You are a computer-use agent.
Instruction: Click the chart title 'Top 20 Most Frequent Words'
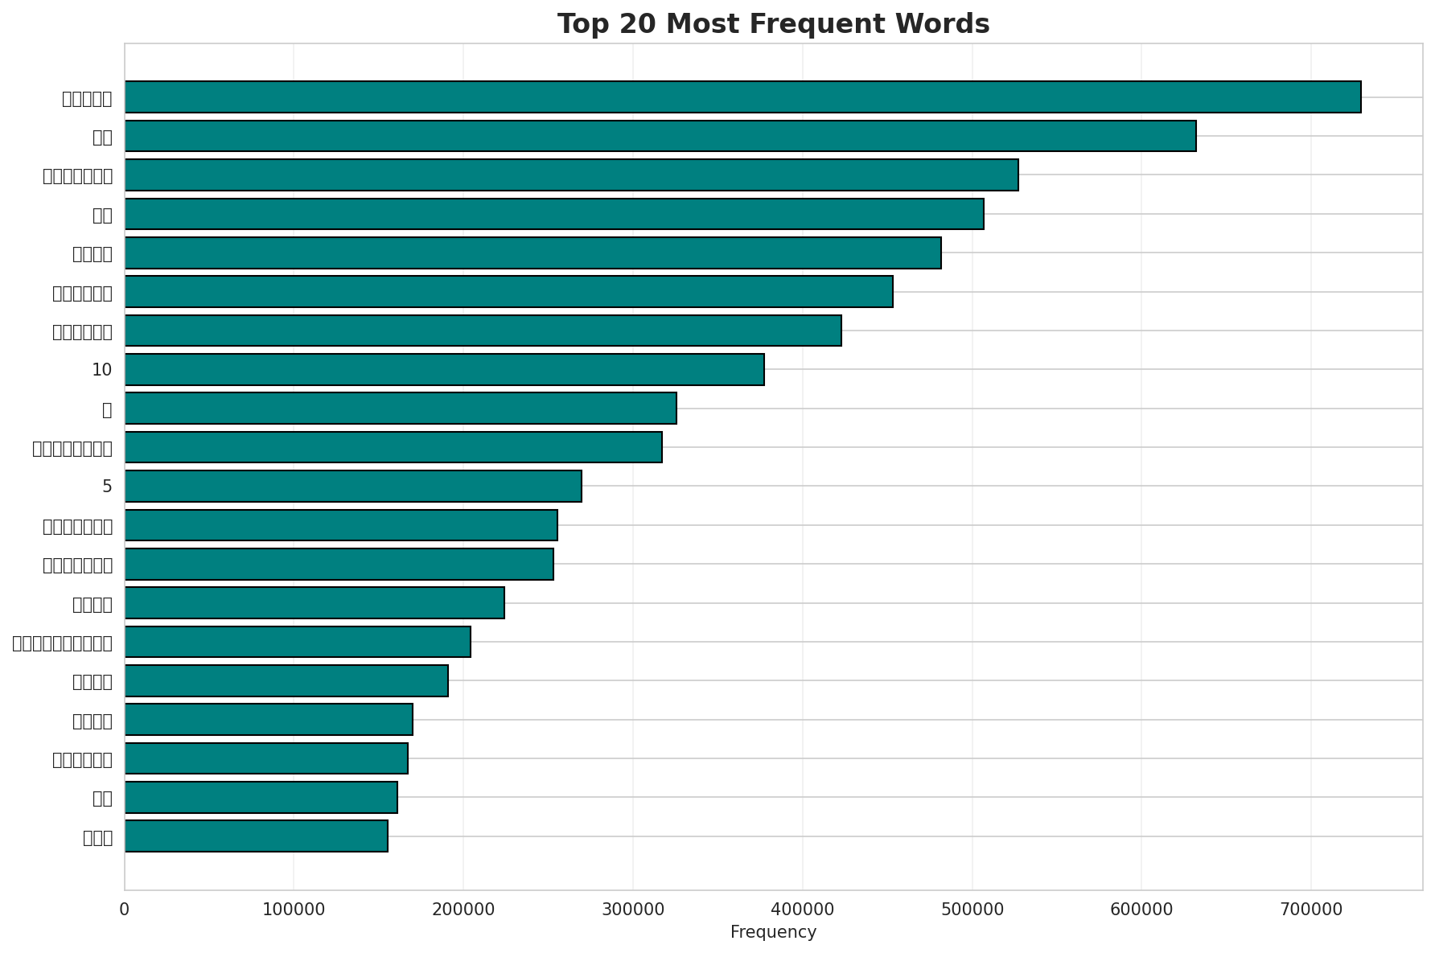[773, 24]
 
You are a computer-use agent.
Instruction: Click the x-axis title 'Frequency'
[773, 932]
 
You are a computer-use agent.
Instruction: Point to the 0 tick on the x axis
[125, 909]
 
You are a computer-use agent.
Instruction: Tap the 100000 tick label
[294, 909]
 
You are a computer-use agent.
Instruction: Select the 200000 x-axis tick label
[463, 909]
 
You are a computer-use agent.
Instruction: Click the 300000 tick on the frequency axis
[633, 909]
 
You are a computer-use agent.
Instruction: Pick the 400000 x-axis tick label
[803, 909]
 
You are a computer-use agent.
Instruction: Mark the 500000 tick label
[972, 909]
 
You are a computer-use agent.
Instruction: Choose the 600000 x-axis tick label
[1141, 909]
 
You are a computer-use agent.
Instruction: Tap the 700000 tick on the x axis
[1311, 909]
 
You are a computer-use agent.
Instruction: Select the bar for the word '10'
[444, 369]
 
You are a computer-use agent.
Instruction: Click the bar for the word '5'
[353, 486]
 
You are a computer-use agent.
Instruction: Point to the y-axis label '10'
[102, 370]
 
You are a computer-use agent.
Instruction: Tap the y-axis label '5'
[107, 487]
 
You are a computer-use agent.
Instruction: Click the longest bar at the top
[742, 97]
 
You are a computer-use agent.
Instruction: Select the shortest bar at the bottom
[256, 836]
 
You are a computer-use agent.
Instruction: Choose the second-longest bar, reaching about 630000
[660, 136]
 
